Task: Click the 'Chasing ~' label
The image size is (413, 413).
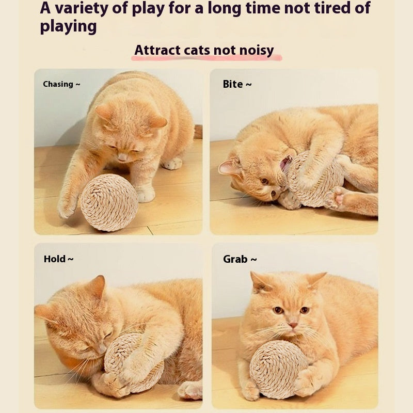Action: (61, 84)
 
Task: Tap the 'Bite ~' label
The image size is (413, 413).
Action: (237, 84)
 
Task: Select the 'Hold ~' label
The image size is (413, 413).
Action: (58, 259)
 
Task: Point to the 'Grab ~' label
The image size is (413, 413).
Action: (240, 259)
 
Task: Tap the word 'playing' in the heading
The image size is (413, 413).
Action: (68, 26)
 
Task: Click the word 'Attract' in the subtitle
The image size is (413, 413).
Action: (157, 50)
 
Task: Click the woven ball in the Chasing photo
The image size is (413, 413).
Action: (109, 202)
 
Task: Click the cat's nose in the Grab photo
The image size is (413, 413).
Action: (293, 325)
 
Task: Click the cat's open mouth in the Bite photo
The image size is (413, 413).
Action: (285, 164)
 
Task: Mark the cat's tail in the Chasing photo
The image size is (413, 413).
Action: (197, 131)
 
